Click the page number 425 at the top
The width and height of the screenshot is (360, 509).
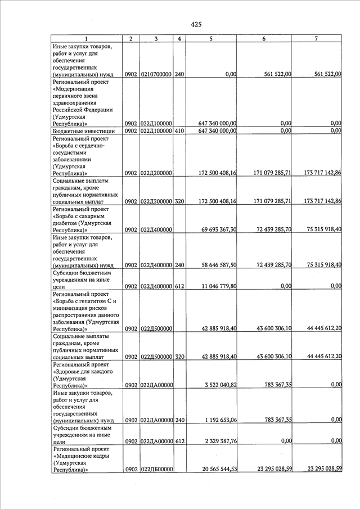(196, 24)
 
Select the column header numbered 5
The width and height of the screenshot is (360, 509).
(211, 38)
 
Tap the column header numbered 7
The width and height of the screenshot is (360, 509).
(317, 38)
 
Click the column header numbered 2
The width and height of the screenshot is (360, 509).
(130, 38)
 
